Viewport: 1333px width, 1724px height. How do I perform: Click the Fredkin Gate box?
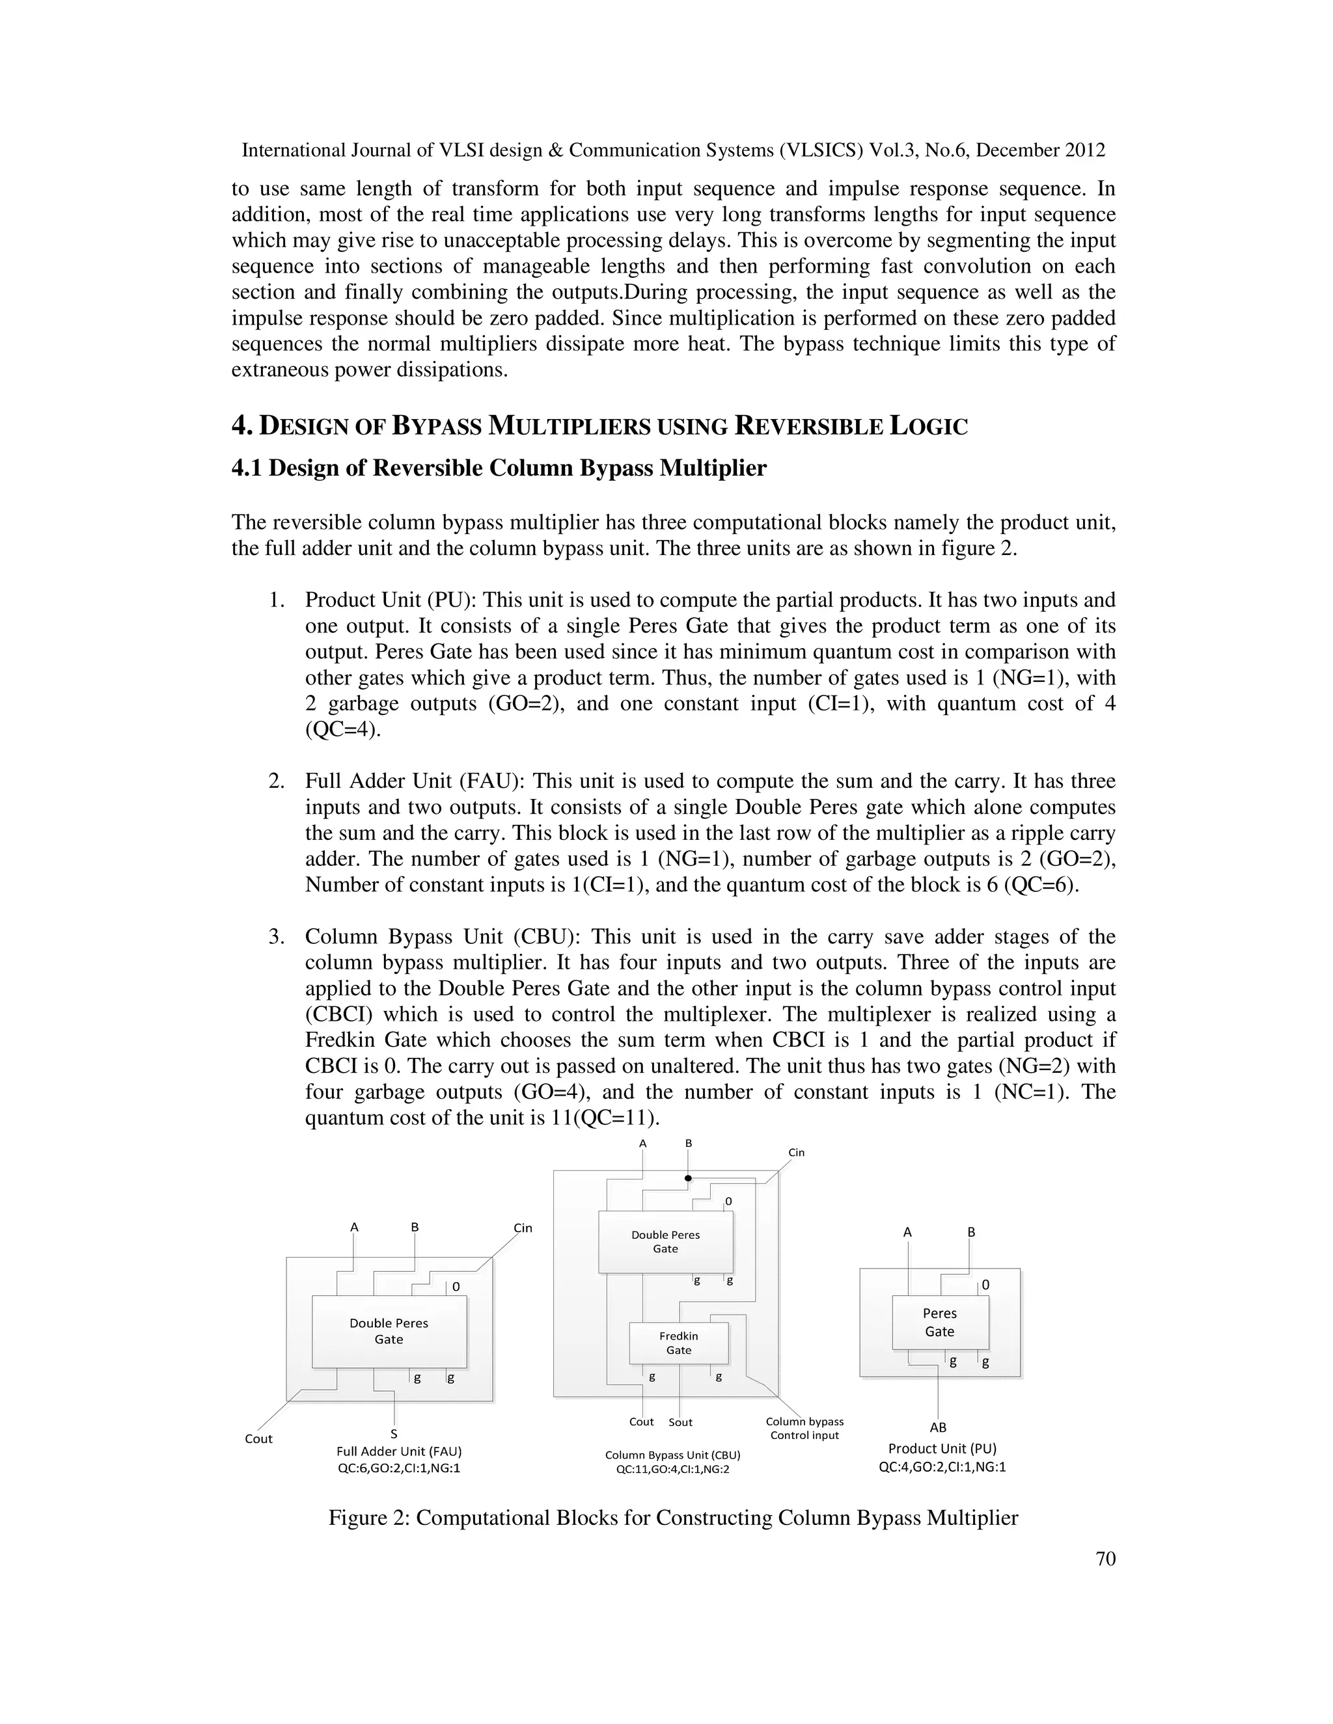click(x=678, y=1343)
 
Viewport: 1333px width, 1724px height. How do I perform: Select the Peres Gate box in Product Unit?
click(x=940, y=1322)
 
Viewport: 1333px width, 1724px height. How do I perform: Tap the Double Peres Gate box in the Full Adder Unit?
click(x=389, y=1331)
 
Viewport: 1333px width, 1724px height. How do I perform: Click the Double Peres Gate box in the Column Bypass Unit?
click(x=665, y=1242)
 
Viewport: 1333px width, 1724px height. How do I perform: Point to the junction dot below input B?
click(x=688, y=1179)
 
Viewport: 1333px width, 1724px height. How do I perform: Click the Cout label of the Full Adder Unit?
click(x=258, y=1438)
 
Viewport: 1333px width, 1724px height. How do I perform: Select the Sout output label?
click(x=680, y=1422)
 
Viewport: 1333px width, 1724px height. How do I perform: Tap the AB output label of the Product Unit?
click(x=938, y=1427)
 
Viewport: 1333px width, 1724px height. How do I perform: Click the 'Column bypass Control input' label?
click(x=804, y=1428)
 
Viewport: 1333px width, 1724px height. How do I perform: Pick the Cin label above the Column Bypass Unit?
click(x=796, y=1153)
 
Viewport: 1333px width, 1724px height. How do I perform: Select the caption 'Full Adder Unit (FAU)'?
click(x=399, y=1451)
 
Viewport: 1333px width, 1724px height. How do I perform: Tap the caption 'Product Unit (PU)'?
click(x=942, y=1449)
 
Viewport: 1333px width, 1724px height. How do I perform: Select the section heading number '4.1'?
click(x=247, y=468)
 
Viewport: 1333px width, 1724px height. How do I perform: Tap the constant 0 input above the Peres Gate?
click(x=985, y=1285)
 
